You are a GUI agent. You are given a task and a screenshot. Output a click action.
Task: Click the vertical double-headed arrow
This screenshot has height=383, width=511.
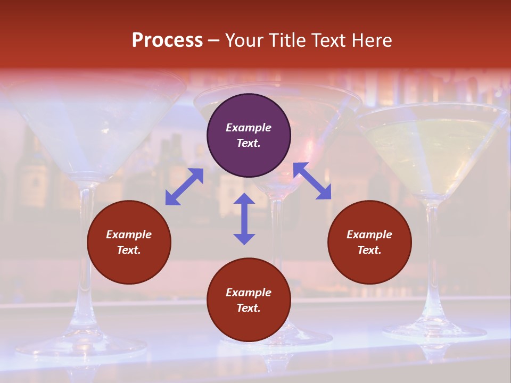[x=244, y=219]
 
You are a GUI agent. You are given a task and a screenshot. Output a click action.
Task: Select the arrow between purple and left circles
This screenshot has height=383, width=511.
[x=184, y=187]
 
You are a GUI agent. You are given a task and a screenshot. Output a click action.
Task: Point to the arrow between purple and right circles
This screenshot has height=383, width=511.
[x=312, y=181]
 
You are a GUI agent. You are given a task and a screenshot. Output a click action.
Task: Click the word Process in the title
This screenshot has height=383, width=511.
[x=167, y=40]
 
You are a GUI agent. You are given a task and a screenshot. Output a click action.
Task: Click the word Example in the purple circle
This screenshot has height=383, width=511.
[x=249, y=128]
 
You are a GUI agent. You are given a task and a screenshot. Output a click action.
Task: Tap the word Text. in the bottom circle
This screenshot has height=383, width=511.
[x=249, y=308]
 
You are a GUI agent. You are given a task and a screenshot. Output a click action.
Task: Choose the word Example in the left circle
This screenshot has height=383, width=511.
[x=129, y=235]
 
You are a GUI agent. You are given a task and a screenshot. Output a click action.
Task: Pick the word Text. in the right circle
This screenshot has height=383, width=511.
[x=369, y=250]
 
